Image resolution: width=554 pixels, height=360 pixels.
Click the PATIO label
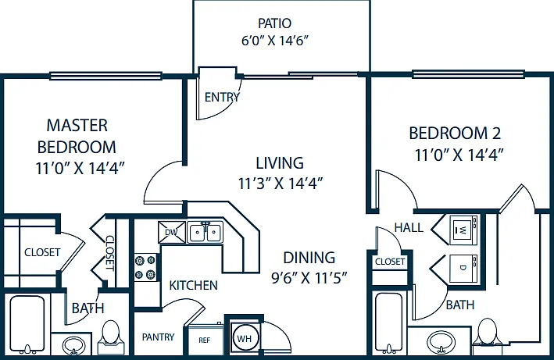pyautogui.click(x=274, y=23)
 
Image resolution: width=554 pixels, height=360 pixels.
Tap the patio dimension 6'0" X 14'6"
pyautogui.click(x=275, y=41)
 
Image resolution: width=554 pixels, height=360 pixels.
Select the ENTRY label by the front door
pyautogui.click(x=222, y=97)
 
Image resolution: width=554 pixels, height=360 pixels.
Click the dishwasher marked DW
pyautogui.click(x=172, y=232)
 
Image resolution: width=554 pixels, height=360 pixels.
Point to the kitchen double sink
pyautogui.click(x=205, y=233)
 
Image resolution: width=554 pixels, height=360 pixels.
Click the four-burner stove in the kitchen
pyautogui.click(x=145, y=267)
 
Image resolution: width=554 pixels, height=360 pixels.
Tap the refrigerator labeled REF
pyautogui.click(x=205, y=340)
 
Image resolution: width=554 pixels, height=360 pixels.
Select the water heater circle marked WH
pyautogui.click(x=244, y=339)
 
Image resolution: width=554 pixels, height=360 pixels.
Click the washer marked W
pyautogui.click(x=463, y=230)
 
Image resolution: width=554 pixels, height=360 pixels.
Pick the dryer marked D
pyautogui.click(x=463, y=268)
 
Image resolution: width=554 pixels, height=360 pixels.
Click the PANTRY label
pyautogui.click(x=159, y=337)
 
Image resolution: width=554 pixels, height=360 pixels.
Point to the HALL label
pyautogui.click(x=409, y=228)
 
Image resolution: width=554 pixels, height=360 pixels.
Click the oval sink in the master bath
pyautogui.click(x=73, y=345)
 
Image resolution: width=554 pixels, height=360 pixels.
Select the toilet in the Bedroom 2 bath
pyautogui.click(x=488, y=332)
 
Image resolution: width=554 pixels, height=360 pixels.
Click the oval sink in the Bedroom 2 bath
pyautogui.click(x=441, y=341)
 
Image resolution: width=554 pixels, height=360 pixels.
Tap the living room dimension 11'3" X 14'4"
pyautogui.click(x=281, y=184)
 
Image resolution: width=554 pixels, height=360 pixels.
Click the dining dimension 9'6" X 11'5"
pyautogui.click(x=309, y=278)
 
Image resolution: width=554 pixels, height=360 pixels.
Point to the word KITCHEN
pyautogui.click(x=193, y=285)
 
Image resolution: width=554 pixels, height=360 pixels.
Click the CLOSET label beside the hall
pyautogui.click(x=390, y=262)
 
